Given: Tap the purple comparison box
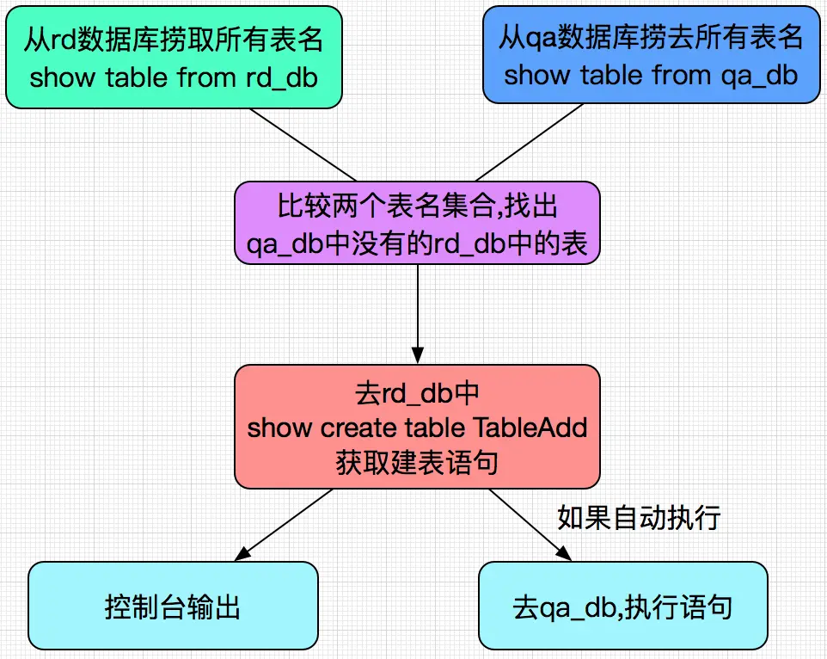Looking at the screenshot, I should point(417,223).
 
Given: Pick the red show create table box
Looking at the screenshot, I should point(417,426).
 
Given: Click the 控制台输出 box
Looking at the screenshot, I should point(172,607).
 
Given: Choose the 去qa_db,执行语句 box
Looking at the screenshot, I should point(622,607).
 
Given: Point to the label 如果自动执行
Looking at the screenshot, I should point(638,517).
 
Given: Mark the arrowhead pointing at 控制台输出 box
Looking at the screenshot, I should point(242,554).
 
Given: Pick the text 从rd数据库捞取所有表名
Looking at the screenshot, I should point(173,39).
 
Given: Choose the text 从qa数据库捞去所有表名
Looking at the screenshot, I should point(651,37).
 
